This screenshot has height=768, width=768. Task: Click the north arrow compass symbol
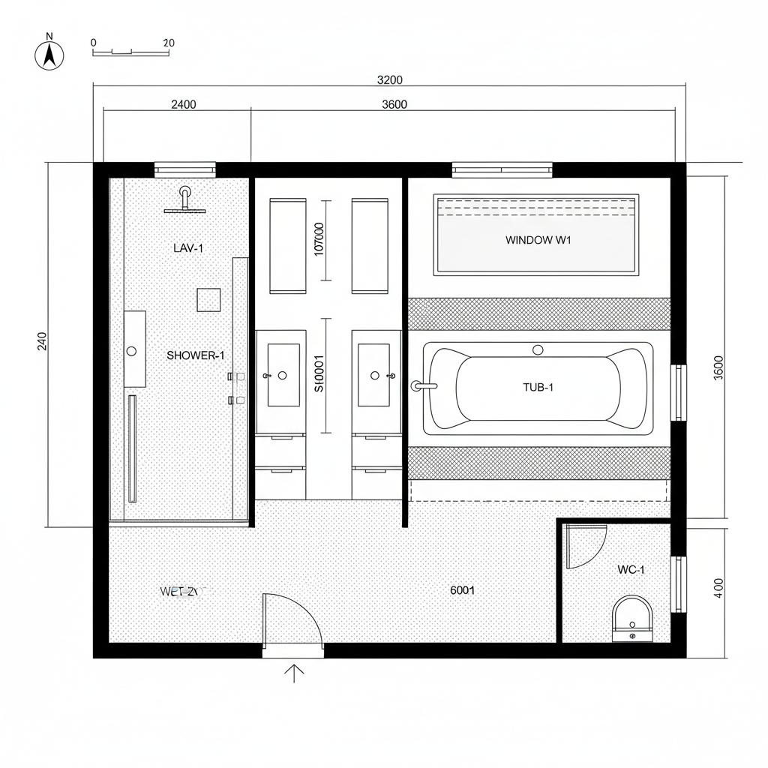(x=49, y=55)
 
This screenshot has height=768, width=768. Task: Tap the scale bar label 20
(x=168, y=43)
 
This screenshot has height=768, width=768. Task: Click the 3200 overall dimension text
(x=389, y=80)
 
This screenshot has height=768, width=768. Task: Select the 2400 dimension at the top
(x=184, y=104)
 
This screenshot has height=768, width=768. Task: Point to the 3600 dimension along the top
(x=394, y=104)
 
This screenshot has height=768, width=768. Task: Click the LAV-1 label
(x=187, y=247)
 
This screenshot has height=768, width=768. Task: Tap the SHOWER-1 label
(x=195, y=355)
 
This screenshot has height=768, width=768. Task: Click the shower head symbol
(x=184, y=200)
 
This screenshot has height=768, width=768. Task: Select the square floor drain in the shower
(x=209, y=300)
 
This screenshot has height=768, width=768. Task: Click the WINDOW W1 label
(x=538, y=241)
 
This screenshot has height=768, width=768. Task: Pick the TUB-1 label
(x=538, y=388)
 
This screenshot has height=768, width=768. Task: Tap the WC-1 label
(x=631, y=570)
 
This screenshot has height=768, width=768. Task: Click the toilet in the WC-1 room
(x=632, y=618)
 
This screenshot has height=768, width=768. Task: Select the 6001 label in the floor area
(x=462, y=590)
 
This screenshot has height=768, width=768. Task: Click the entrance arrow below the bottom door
(x=294, y=673)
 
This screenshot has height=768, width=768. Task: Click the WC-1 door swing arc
(x=587, y=546)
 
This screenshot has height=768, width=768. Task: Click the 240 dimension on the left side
(x=42, y=341)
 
